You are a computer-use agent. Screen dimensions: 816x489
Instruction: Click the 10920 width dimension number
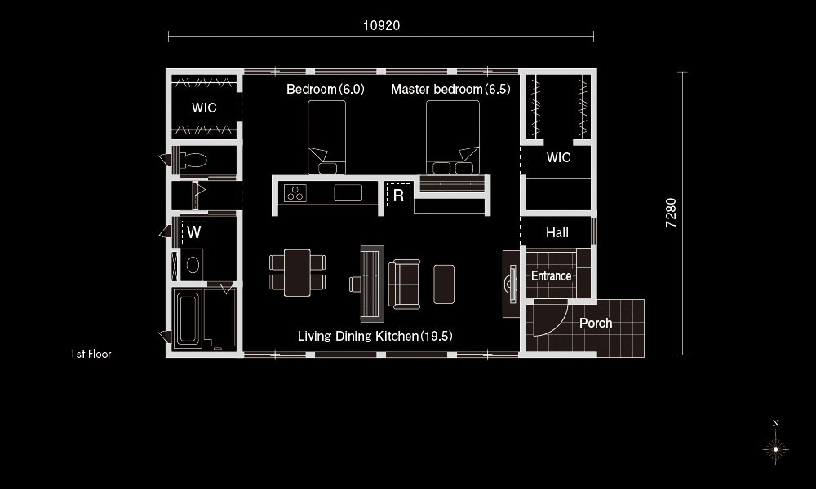(381, 25)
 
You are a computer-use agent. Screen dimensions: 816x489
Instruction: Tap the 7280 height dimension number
(672, 213)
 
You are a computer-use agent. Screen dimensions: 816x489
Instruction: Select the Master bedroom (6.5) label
(450, 90)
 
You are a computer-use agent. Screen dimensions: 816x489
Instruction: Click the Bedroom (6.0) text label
(326, 90)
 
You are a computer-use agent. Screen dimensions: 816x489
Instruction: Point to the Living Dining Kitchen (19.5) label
(375, 337)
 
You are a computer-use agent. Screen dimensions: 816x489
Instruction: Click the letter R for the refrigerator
(399, 196)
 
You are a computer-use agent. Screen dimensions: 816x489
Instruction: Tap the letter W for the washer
(194, 231)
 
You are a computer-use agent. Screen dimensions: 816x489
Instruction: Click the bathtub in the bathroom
(188, 319)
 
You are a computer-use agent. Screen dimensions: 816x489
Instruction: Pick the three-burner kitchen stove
(295, 193)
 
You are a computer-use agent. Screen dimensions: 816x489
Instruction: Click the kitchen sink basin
(348, 193)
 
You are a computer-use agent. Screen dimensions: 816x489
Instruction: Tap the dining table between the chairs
(297, 273)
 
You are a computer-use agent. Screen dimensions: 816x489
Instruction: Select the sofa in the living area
(405, 284)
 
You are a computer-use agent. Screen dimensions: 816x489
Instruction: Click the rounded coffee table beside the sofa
(444, 284)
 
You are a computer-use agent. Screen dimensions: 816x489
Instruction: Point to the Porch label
(596, 324)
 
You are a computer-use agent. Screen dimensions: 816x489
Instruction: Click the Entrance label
(551, 276)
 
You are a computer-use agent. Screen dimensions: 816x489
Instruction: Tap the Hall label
(557, 233)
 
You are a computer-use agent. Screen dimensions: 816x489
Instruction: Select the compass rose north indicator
(775, 445)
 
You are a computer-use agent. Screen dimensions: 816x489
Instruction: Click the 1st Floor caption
(91, 354)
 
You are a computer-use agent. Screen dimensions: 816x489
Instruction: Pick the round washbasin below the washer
(193, 266)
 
